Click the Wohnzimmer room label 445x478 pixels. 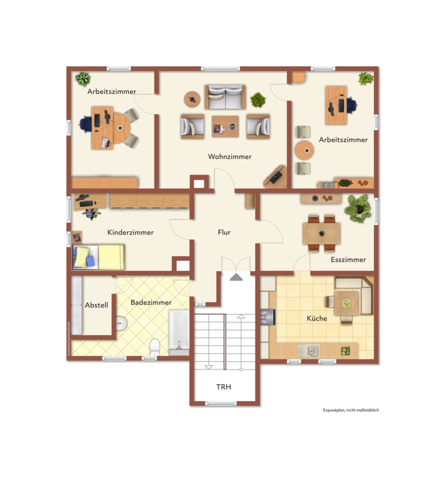click(229, 157)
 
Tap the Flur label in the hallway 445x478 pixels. click(224, 232)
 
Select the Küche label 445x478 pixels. click(317, 318)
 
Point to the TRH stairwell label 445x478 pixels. click(224, 387)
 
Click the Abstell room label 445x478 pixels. click(96, 305)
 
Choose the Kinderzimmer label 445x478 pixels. click(130, 232)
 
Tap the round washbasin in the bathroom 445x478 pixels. click(121, 323)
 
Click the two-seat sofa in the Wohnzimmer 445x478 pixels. click(225, 97)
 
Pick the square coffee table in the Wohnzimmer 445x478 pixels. click(225, 126)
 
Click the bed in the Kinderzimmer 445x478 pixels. click(98, 257)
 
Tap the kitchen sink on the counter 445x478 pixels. click(309, 351)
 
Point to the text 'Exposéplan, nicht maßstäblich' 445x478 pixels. click(351, 410)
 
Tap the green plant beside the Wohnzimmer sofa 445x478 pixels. click(258, 100)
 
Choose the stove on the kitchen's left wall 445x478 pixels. click(267, 317)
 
